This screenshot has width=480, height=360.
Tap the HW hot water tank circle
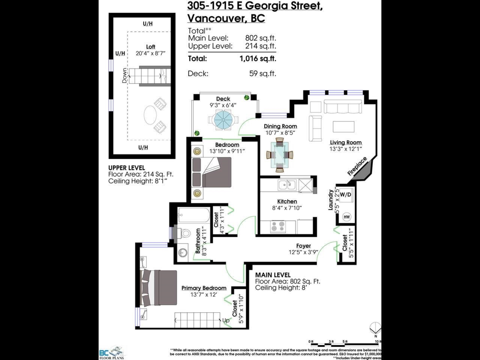tap(346, 217)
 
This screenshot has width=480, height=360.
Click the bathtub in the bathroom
tap(194, 217)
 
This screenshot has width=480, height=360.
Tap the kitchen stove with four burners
tap(277, 227)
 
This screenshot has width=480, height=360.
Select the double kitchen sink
tap(287, 184)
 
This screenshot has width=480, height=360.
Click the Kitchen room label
tap(287, 202)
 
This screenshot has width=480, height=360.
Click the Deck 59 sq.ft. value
tap(262, 74)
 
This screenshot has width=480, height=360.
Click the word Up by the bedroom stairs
tap(226, 320)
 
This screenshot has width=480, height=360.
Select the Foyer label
tap(304, 246)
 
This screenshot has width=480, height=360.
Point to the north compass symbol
tap(376, 328)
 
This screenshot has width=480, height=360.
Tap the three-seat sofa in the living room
tap(343, 107)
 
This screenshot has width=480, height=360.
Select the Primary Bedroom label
tap(204, 288)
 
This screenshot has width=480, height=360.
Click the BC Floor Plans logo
tap(112, 352)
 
